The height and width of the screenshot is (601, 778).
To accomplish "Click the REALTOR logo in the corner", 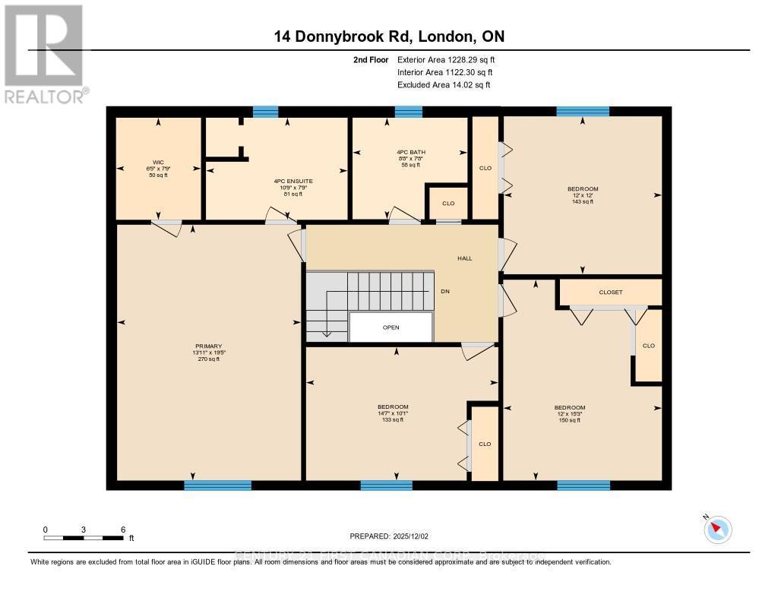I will (44, 53).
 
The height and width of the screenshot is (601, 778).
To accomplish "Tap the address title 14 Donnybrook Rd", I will (389, 36).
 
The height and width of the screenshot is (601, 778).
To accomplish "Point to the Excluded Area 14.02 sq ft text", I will (444, 85).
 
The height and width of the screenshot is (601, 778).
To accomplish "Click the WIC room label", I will (159, 168).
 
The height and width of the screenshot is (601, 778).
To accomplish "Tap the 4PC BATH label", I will (410, 158).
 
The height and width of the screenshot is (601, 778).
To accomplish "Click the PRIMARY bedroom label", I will (207, 353).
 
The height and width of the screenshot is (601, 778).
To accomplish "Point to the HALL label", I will (464, 258).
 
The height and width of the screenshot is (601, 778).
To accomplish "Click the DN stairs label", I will (446, 291).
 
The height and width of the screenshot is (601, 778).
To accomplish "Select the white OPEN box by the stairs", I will (391, 327).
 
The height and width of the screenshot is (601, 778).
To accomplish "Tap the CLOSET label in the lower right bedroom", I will (610, 292).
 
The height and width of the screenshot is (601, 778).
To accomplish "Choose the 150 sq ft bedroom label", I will (569, 413).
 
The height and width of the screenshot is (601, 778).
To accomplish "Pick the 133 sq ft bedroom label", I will (393, 413).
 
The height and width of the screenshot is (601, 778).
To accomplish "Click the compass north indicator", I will (716, 528).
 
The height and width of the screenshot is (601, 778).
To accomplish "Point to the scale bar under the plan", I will (84, 538).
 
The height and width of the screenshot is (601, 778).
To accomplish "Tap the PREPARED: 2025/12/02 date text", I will (389, 536).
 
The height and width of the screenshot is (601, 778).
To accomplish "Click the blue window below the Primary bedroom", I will (217, 485).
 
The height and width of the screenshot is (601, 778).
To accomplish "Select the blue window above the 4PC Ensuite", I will (265, 112).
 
